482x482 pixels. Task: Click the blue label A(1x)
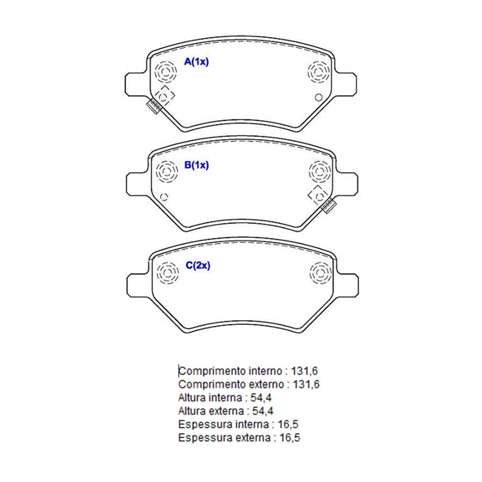click(196, 62)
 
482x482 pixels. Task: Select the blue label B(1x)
click(196, 165)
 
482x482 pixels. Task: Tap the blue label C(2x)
click(198, 266)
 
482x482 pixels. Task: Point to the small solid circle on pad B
click(165, 197)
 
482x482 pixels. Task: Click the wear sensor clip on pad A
click(154, 106)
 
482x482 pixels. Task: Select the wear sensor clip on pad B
click(329, 206)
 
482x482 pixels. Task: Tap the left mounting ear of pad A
click(135, 84)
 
